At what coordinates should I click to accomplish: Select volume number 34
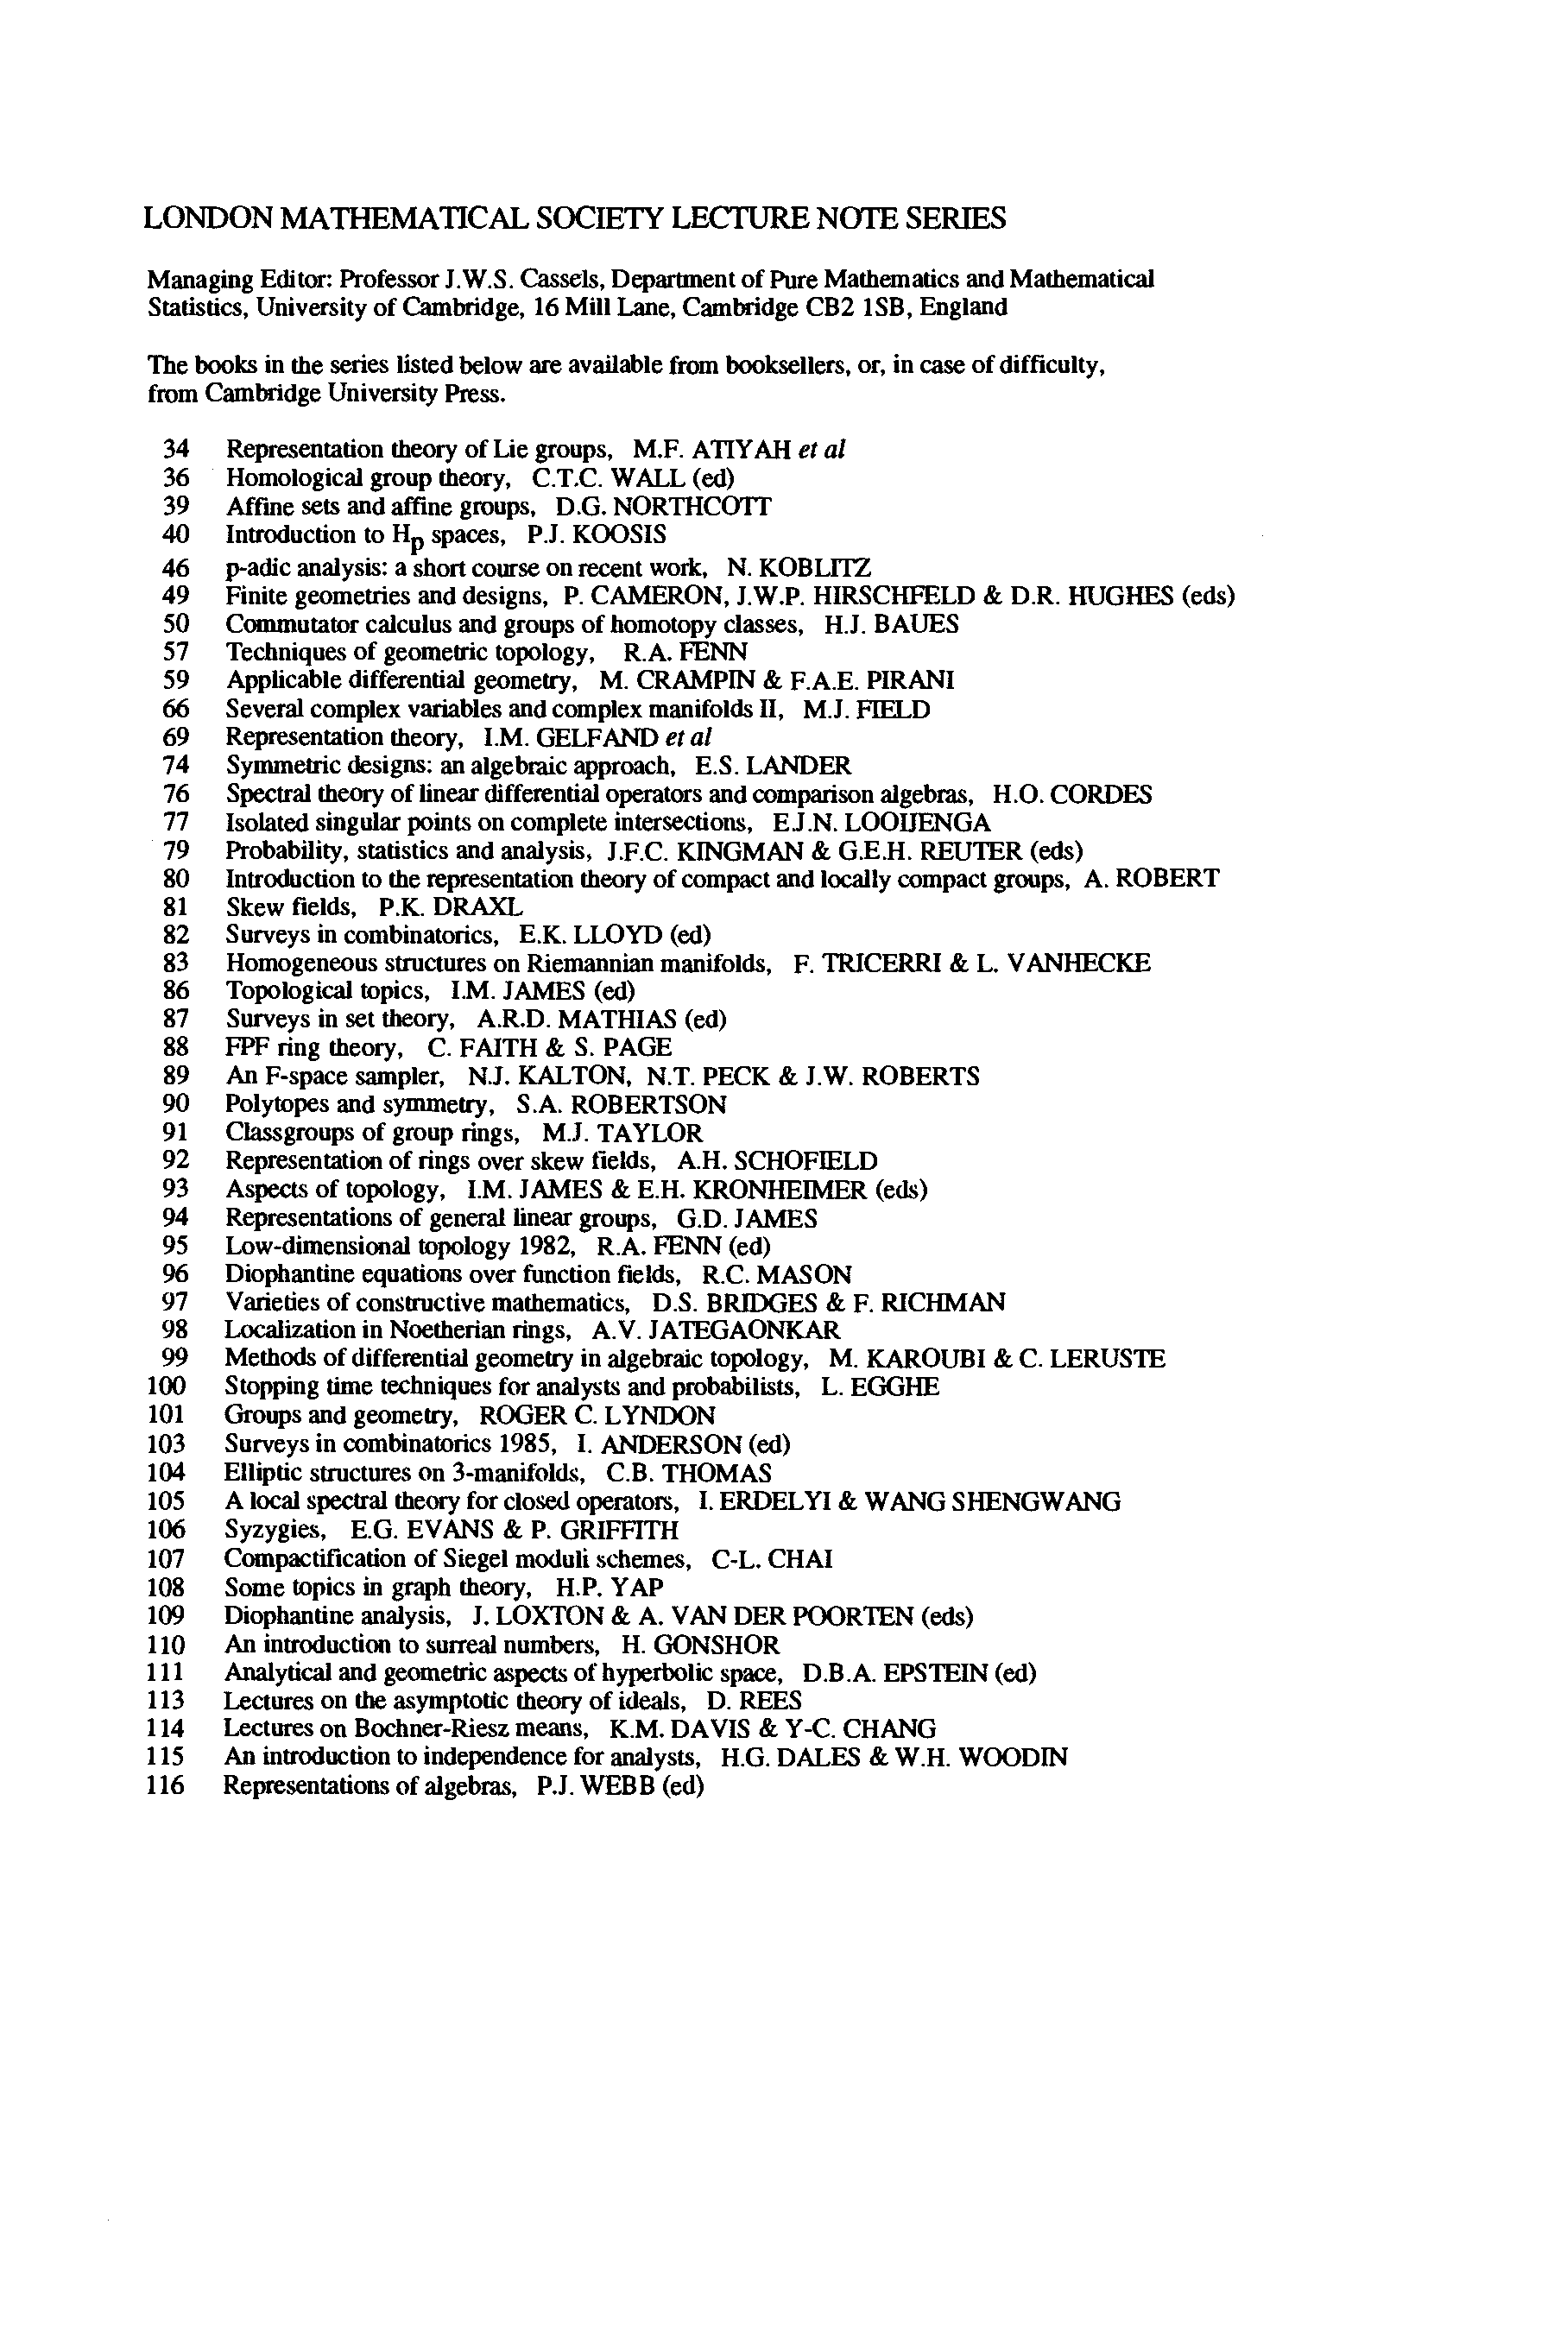point(174,450)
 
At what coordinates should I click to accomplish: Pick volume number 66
point(174,710)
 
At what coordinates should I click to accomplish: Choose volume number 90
point(174,1104)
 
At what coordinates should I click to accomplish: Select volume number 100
point(166,1387)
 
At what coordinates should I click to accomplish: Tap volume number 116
point(166,1786)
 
